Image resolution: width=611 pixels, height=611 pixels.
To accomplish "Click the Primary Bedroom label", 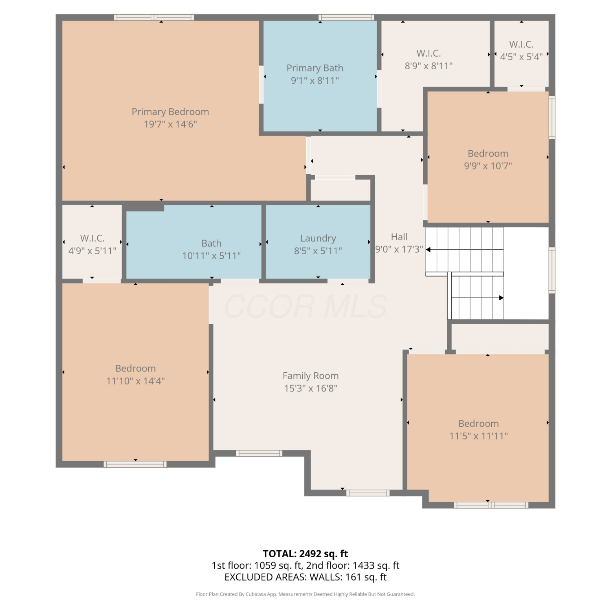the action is tap(170, 112).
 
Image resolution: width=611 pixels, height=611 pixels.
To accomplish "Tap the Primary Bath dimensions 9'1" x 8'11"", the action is tap(315, 81).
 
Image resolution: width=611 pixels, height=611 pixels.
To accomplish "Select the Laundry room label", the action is tap(318, 238).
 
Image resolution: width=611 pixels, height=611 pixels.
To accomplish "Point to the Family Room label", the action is tap(311, 376).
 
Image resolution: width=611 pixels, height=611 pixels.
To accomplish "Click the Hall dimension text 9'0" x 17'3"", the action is tap(399, 249).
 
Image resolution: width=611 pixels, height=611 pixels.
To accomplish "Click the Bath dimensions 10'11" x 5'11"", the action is tap(211, 256).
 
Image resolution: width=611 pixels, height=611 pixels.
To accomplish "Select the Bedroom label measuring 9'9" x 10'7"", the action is tap(488, 154).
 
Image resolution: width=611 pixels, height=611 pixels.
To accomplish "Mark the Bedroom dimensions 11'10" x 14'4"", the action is tap(136, 381).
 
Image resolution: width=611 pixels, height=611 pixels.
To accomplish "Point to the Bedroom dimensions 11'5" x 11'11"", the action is tap(479, 436).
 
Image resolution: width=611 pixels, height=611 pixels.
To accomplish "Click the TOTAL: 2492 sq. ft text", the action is tap(305, 554).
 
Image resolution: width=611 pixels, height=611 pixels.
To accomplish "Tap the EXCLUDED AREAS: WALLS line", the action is tap(305, 577).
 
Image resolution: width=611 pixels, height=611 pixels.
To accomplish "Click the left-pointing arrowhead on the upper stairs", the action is tap(428, 250).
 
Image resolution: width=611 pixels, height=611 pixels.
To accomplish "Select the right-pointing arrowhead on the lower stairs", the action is tap(501, 298).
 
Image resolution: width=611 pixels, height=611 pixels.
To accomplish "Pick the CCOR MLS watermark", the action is tap(305, 306).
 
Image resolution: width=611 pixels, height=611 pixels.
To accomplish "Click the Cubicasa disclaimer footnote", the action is tap(305, 594).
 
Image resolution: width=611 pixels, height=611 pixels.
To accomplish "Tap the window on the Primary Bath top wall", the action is tap(346, 18).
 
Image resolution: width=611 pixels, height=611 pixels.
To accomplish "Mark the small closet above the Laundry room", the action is tap(341, 189).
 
